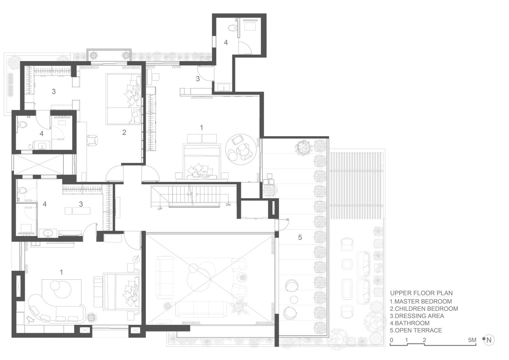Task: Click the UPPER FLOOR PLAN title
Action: (421, 292)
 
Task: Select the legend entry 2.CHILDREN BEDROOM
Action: (424, 309)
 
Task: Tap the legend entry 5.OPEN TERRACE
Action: (416, 330)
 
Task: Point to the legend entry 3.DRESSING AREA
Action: (417, 316)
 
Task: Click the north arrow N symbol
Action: (489, 340)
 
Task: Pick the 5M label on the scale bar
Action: (472, 340)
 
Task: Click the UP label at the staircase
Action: (160, 208)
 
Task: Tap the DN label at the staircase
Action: (228, 205)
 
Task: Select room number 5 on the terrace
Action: (300, 237)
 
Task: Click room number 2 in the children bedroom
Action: (124, 132)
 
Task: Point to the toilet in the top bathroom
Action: (232, 28)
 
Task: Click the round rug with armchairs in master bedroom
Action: (241, 149)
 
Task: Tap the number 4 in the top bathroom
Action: (226, 42)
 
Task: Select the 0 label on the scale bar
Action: (392, 340)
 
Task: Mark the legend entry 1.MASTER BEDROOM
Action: (421, 301)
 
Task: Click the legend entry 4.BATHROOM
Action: (410, 323)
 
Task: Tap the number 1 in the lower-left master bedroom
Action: (61, 272)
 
